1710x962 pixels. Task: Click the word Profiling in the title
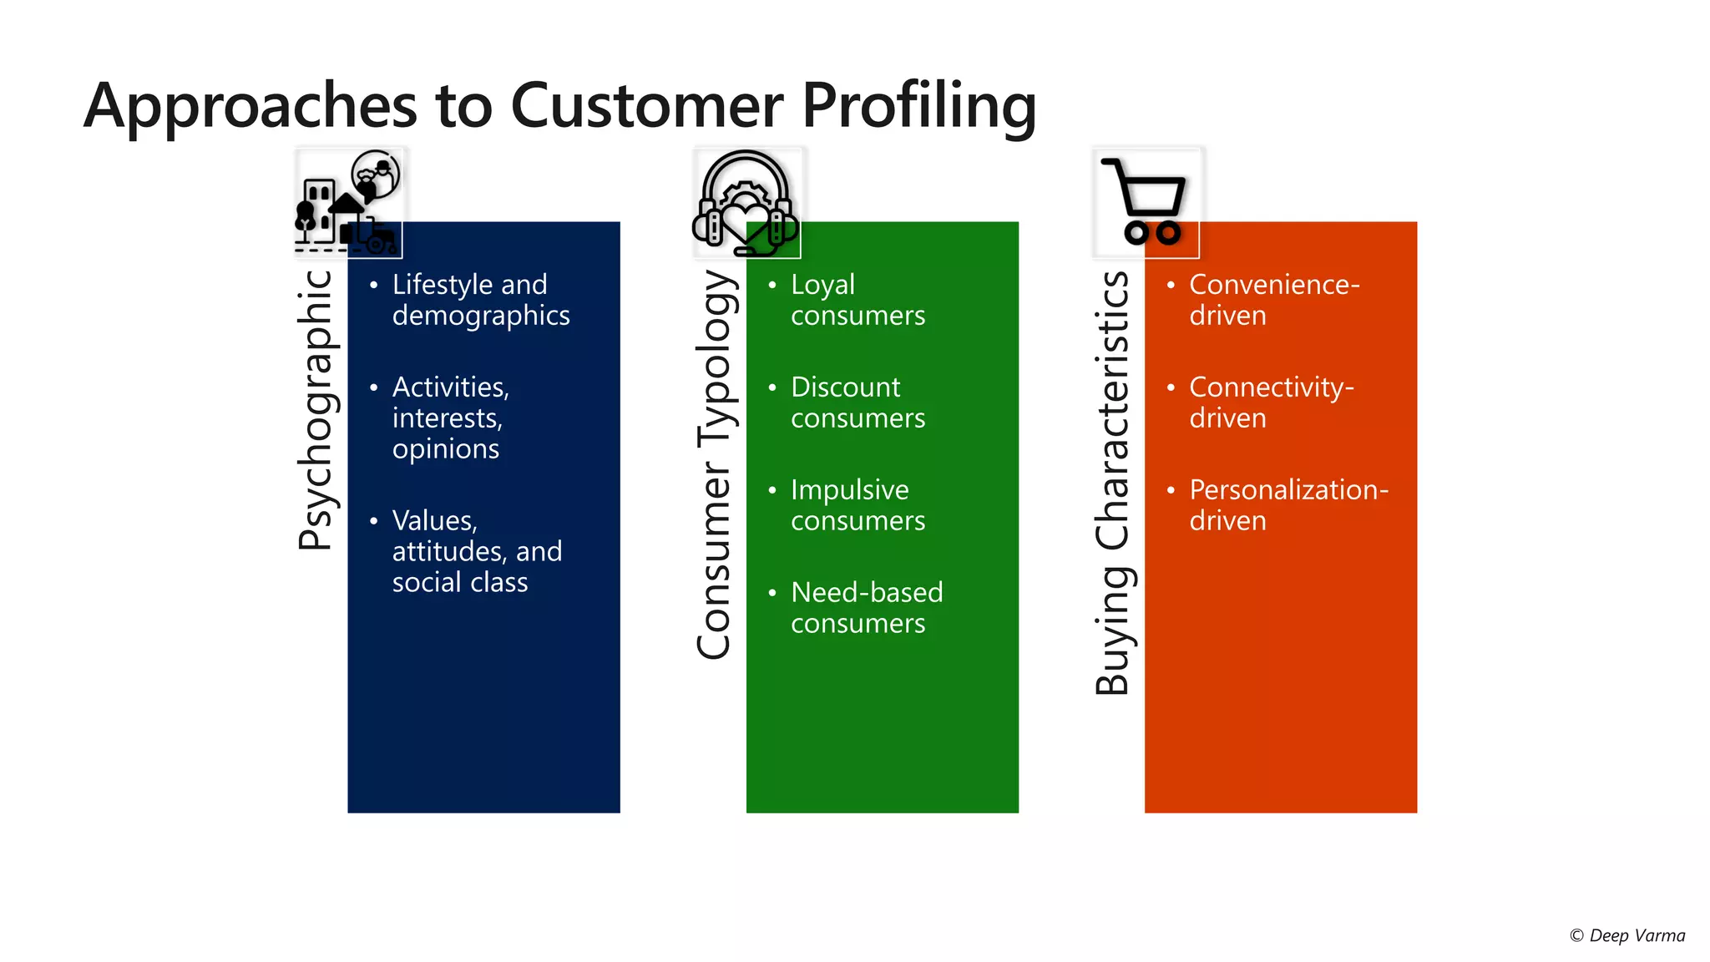(x=918, y=107)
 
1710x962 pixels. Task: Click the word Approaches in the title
(x=250, y=107)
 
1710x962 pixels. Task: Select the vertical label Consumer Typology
(x=716, y=464)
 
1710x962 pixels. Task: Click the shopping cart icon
(x=1146, y=202)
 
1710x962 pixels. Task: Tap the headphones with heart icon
(x=746, y=203)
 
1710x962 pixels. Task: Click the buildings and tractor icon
(x=348, y=203)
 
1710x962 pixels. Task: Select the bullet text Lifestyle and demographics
(x=480, y=300)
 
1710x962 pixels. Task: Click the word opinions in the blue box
(x=446, y=449)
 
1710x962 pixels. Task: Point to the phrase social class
(x=460, y=582)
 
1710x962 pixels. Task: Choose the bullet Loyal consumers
(x=858, y=300)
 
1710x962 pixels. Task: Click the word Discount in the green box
(x=845, y=387)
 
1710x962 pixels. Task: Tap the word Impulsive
(x=849, y=490)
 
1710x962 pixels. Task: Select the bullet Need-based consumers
(x=866, y=608)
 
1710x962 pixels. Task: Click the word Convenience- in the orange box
(x=1274, y=285)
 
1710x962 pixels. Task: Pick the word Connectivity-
(x=1271, y=387)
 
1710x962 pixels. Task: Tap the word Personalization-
(x=1288, y=490)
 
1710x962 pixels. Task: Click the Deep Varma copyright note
(x=1627, y=935)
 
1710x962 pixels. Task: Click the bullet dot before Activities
(x=373, y=387)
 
